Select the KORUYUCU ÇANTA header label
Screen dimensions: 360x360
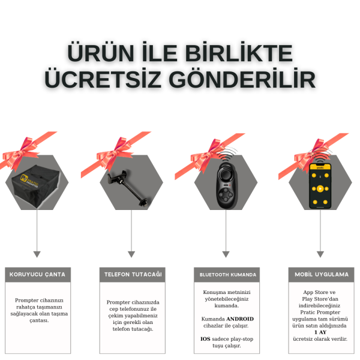[x=37, y=274]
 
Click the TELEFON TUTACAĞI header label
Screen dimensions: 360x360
[x=133, y=274]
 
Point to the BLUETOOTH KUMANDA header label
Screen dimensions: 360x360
[x=228, y=275]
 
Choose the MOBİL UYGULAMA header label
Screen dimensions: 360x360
[x=322, y=274]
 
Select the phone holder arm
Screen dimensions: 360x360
[x=129, y=188]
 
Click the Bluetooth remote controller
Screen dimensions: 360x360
[x=226, y=185]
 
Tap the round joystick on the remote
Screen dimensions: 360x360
[x=226, y=176]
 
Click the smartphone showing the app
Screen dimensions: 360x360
[x=320, y=186]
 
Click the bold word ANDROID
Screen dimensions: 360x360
[x=240, y=319]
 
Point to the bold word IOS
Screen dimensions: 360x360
[x=205, y=339]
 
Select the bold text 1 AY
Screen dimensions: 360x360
[x=320, y=332]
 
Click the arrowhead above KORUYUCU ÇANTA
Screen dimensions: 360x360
[x=37, y=254]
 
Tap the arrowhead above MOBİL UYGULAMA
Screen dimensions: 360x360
[x=320, y=254]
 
